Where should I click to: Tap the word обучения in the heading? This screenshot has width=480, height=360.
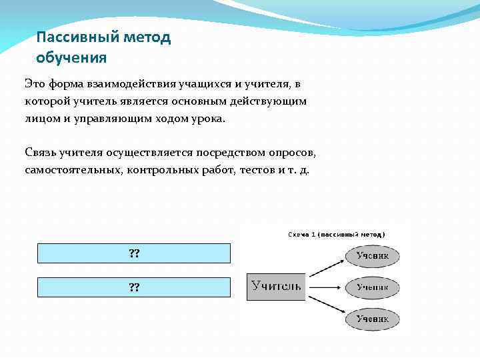click(x=71, y=57)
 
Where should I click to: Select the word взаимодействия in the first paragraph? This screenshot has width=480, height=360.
click(x=126, y=84)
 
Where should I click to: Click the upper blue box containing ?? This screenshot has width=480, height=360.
click(x=134, y=253)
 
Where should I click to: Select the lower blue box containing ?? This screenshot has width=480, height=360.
click(x=134, y=287)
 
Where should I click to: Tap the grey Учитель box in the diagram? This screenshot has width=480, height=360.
click(x=276, y=287)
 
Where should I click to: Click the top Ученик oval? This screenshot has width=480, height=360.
click(x=372, y=255)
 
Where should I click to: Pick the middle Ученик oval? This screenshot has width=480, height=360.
click(x=372, y=287)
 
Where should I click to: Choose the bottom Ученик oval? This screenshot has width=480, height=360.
click(x=372, y=319)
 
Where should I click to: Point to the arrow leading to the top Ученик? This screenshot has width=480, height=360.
click(x=326, y=265)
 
